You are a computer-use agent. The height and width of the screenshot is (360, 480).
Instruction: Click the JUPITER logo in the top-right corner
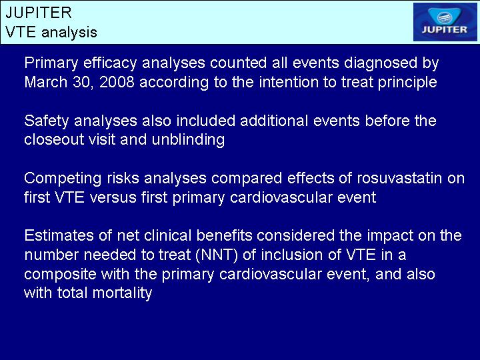[445, 22]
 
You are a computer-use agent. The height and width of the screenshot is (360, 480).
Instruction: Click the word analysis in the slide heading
[69, 32]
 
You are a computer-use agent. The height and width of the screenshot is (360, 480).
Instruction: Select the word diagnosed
[381, 63]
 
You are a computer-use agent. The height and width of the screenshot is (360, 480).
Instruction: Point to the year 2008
[117, 82]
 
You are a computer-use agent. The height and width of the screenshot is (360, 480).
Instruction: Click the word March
[45, 82]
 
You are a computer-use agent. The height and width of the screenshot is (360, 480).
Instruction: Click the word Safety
[47, 121]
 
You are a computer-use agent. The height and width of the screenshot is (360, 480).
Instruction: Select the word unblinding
[188, 140]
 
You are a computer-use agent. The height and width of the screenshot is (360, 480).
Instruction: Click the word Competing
[63, 179]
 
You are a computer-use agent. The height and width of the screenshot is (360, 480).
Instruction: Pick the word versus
[113, 197]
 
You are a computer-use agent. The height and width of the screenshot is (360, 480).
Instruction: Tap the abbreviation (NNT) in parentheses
[217, 255]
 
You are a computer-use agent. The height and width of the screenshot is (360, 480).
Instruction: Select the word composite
[60, 275]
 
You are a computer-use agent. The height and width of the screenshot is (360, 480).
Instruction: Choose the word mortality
[122, 293]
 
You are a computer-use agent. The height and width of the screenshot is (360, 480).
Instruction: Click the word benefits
[225, 236]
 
